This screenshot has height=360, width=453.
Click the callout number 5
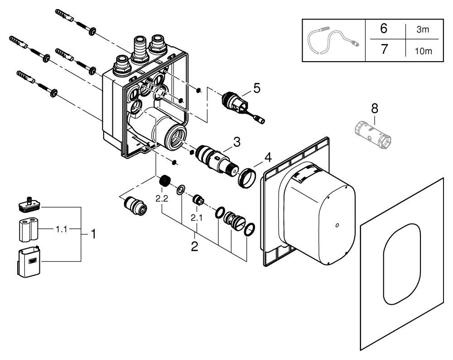tap(257, 88)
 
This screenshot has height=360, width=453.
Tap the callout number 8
tap(375, 109)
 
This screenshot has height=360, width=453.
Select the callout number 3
tap(236, 142)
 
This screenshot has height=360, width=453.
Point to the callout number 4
tap(268, 158)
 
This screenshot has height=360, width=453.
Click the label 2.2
tap(162, 198)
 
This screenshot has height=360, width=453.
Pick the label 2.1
tap(196, 218)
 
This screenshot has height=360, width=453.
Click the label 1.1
tap(61, 230)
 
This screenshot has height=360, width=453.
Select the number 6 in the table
tap(383, 29)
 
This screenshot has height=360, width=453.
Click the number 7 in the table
tap(383, 48)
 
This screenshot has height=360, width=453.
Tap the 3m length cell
tap(424, 30)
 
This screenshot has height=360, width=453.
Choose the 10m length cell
tap(423, 51)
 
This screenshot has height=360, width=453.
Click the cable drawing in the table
tap(333, 40)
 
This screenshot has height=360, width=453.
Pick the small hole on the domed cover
tap(337, 225)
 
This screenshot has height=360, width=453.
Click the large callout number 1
tap(93, 234)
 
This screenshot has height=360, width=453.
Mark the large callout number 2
tap(195, 247)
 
